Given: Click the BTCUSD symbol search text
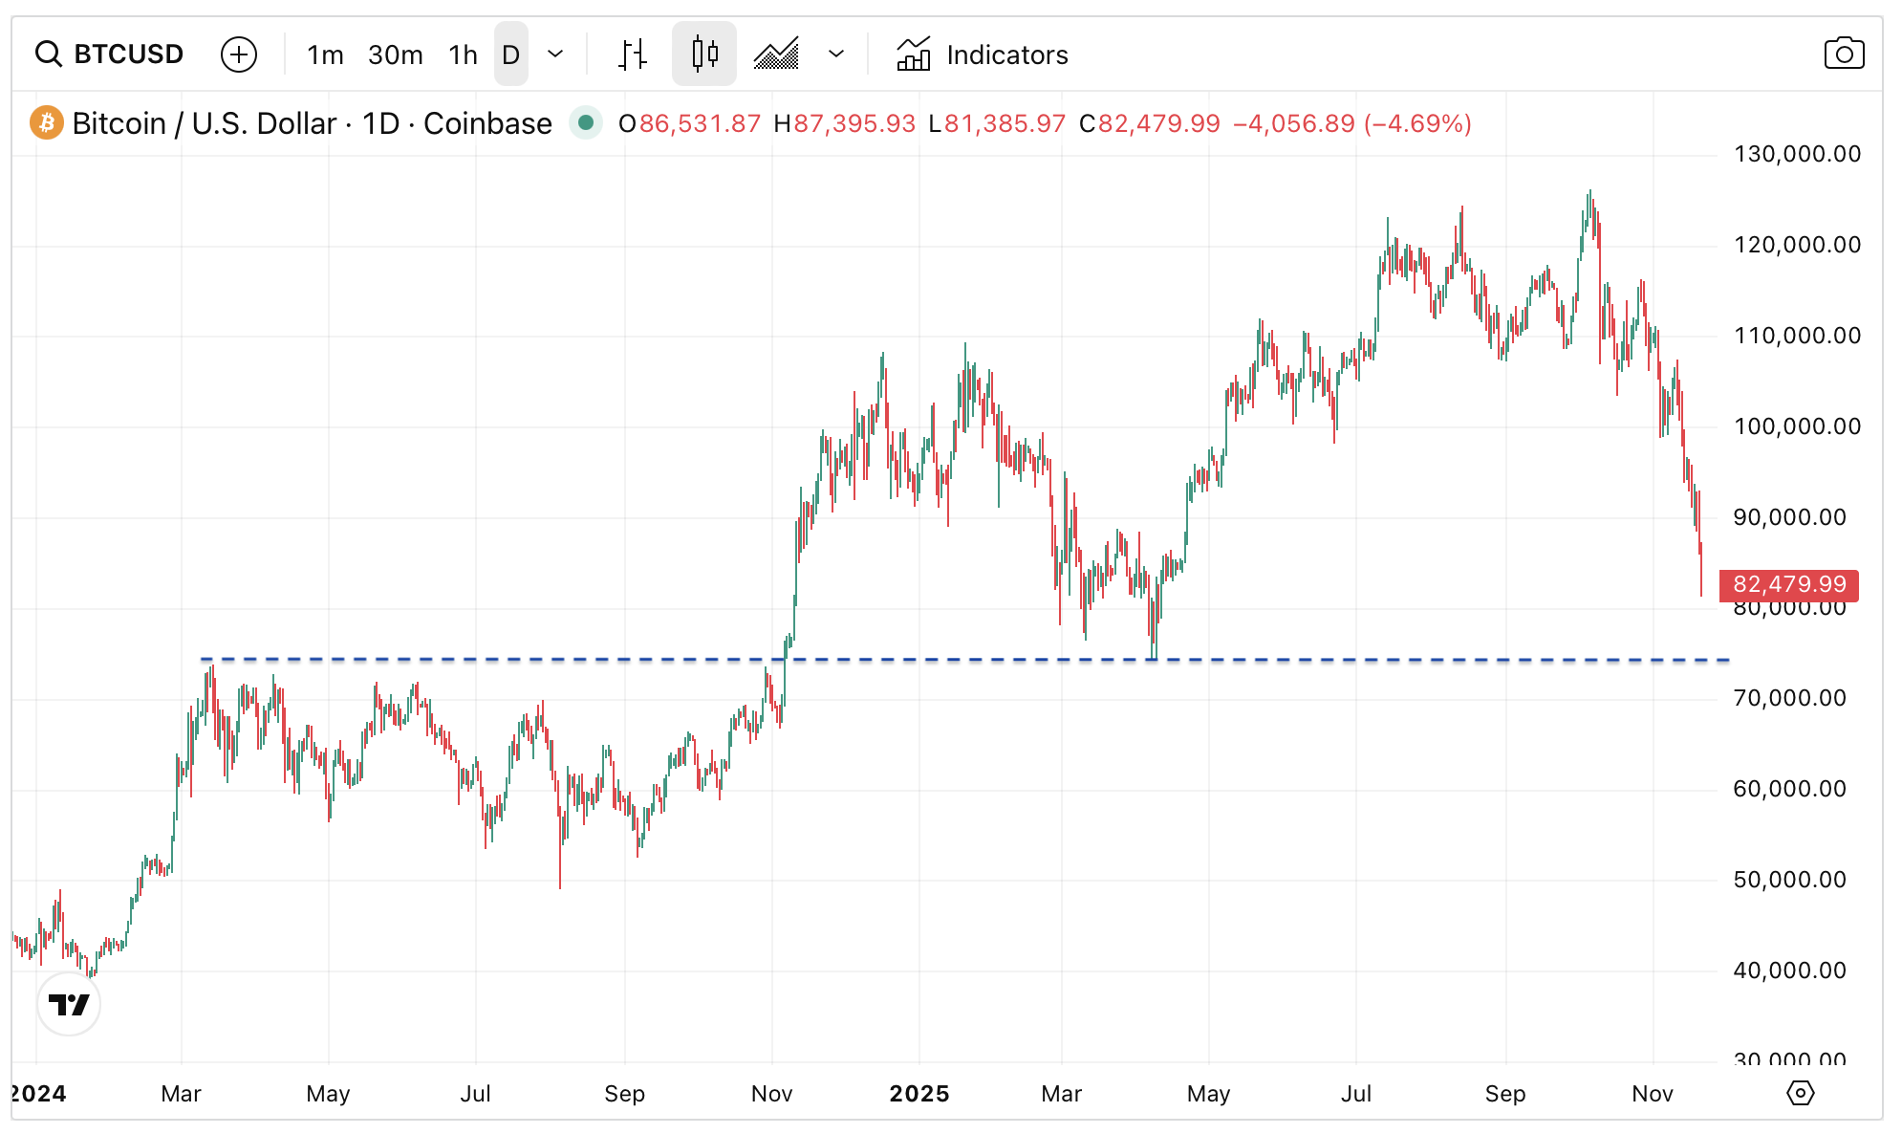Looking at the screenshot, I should tap(128, 55).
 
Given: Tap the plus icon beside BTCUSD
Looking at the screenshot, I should tap(239, 55).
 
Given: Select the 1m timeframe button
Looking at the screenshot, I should tap(325, 55).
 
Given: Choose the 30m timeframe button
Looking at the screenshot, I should tap(395, 55).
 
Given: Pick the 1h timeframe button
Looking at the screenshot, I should tap(463, 55).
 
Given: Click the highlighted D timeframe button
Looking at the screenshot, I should tap(511, 55).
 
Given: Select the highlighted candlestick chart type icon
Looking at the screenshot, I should tap(704, 55).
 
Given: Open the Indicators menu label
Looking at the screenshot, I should tap(1006, 55).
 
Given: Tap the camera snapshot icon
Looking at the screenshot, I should tap(1844, 54).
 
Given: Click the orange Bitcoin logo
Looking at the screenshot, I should tap(47, 123).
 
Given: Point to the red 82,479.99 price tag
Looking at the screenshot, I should tap(1788, 584).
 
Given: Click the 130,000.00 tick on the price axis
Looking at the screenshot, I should tap(1797, 154).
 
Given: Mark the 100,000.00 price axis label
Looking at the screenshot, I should tap(1797, 426).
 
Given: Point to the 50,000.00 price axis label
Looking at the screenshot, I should tap(1789, 880).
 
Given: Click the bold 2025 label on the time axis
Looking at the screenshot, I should tap(919, 1094).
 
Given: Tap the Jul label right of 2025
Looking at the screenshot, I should tap(1355, 1094).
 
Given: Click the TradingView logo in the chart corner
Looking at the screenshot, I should tap(69, 1004).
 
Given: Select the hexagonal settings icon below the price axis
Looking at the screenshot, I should tap(1800, 1093).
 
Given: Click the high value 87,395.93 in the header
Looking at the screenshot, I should tap(854, 123).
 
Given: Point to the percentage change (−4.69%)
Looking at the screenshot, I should tap(1417, 123).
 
